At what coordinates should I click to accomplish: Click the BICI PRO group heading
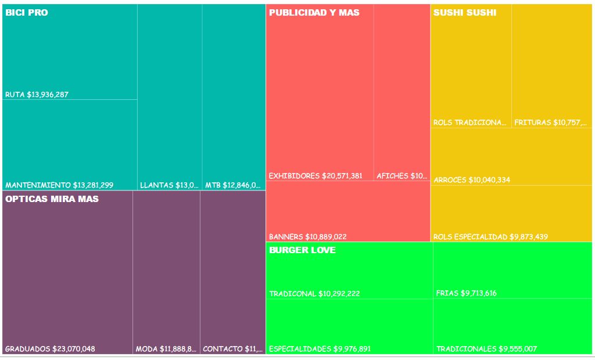(27, 12)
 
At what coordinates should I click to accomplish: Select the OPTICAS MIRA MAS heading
(52, 199)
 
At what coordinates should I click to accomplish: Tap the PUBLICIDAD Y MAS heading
(314, 12)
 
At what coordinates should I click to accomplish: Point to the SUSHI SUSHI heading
(465, 12)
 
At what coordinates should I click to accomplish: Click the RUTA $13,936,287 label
(37, 95)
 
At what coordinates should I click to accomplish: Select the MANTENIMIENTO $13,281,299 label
(59, 185)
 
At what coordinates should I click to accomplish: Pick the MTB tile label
(232, 185)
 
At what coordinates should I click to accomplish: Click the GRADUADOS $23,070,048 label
(50, 349)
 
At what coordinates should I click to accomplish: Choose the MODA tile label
(166, 349)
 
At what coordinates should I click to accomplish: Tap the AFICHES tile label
(402, 176)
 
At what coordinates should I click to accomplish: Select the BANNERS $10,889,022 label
(307, 237)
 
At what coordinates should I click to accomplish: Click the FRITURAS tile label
(550, 123)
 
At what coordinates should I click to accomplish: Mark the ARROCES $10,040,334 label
(472, 180)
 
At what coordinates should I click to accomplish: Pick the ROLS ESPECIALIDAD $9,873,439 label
(490, 237)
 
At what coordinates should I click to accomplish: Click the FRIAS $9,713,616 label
(466, 293)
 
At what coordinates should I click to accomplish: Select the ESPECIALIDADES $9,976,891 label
(320, 349)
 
